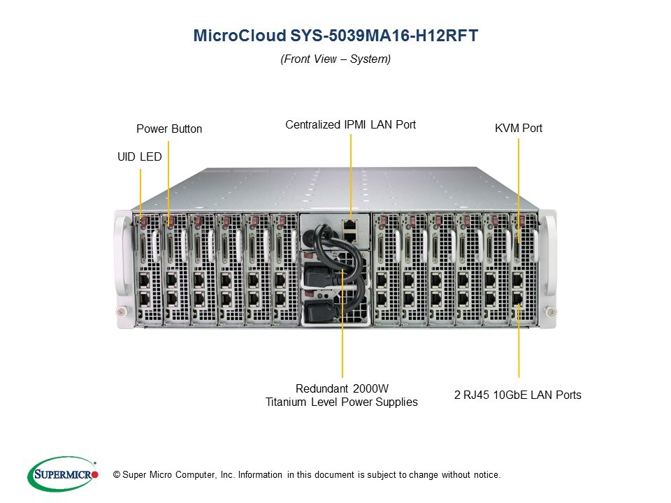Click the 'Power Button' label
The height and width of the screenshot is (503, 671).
click(x=169, y=129)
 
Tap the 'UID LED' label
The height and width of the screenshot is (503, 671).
click(x=139, y=157)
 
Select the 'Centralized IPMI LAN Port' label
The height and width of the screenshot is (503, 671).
click(x=350, y=124)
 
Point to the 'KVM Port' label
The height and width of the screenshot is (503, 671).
click(x=518, y=128)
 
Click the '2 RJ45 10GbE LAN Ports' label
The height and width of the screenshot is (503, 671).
click(x=518, y=395)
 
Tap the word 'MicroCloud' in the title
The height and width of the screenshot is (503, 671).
click(x=228, y=36)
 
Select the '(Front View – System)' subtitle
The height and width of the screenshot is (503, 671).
click(x=335, y=59)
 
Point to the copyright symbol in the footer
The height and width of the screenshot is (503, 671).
click(x=117, y=475)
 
